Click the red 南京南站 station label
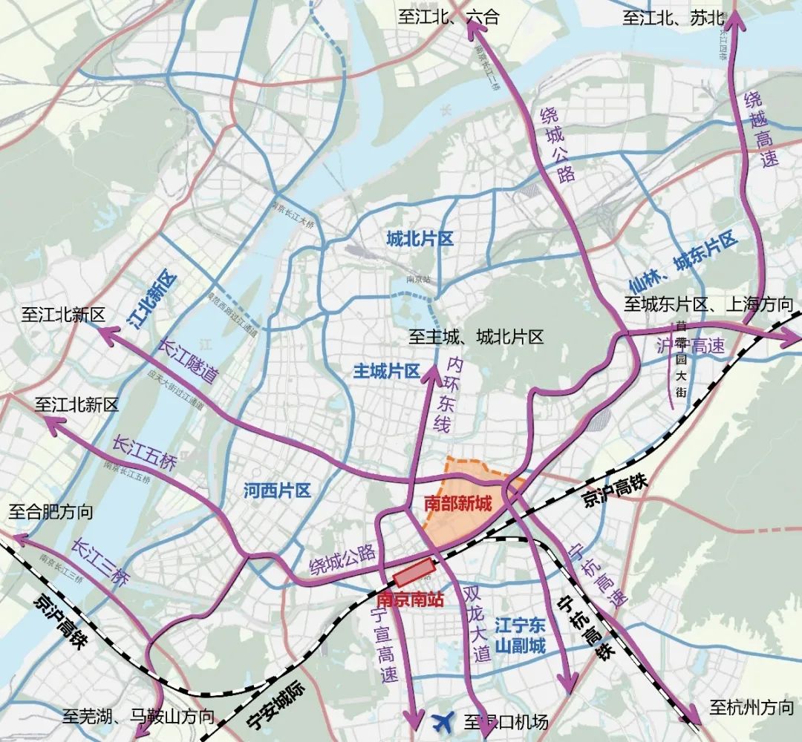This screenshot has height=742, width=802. tap(410, 599)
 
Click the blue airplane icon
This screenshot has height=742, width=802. tap(444, 720)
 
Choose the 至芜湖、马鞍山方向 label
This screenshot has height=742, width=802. tap(138, 717)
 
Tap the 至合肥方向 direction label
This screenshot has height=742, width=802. tap(50, 511)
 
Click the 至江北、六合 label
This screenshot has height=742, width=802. tap(448, 19)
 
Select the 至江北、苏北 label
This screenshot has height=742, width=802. tap(673, 19)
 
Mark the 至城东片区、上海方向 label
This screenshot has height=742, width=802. tap(708, 304)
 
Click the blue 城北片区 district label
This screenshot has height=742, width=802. tap(420, 239)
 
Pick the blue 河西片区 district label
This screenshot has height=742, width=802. tap(277, 490)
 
